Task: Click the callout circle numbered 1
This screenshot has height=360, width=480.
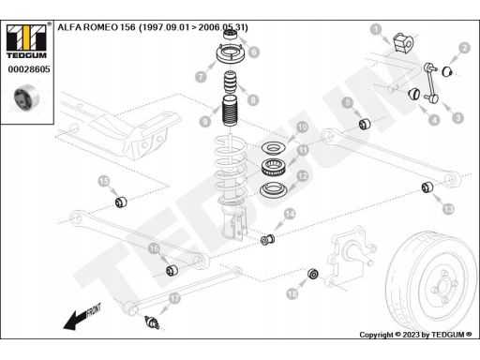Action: tap(376, 29)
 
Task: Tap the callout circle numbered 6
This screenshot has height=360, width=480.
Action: tap(254, 52)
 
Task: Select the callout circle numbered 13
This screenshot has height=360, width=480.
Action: tap(448, 209)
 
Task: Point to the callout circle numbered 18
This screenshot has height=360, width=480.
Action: tap(292, 293)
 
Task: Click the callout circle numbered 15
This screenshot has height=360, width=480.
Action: tap(104, 181)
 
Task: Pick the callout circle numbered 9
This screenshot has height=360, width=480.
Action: tap(205, 121)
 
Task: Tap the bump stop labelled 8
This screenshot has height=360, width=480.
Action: tap(231, 82)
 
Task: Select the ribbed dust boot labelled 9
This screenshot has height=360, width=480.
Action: tap(230, 111)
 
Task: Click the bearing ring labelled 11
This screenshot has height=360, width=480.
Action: tap(273, 167)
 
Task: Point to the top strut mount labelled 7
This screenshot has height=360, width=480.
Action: tap(230, 55)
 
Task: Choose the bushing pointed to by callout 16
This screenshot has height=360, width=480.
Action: tap(172, 270)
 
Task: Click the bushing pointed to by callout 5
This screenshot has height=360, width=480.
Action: tap(365, 124)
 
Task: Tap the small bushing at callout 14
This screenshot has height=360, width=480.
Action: tap(267, 240)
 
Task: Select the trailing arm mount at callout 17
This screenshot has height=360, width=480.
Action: tap(152, 322)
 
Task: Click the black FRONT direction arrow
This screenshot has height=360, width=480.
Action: tap(82, 317)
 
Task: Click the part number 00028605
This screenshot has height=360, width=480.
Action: tap(29, 69)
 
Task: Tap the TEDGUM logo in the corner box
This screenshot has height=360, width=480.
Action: tap(26, 41)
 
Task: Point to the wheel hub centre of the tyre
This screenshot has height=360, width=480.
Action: tap(442, 286)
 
